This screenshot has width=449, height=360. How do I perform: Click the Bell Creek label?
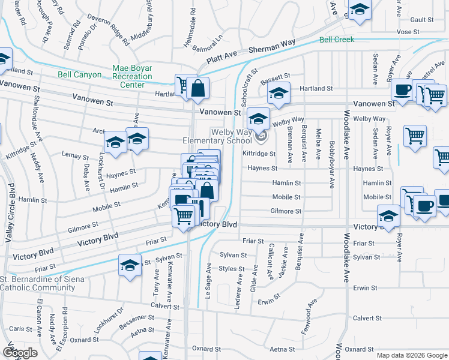[x=337, y=40]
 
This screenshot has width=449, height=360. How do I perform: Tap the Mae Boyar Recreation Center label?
[x=132, y=76]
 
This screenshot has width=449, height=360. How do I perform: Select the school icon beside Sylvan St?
[x=130, y=265]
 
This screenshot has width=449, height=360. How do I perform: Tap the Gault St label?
[x=422, y=20]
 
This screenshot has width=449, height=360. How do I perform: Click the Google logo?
[x=20, y=353]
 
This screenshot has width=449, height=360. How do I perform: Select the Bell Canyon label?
[x=76, y=75]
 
